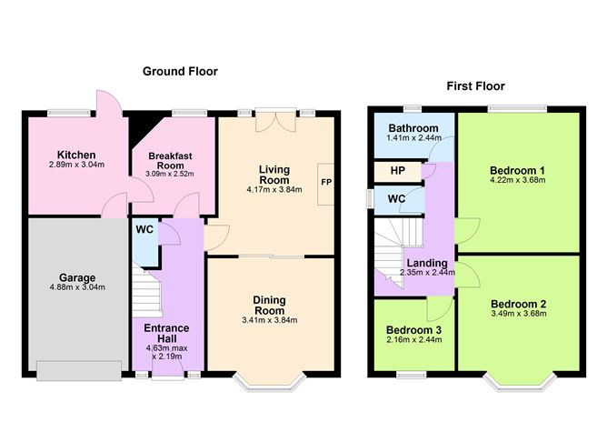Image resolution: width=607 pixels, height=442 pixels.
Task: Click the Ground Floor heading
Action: (x=180, y=71)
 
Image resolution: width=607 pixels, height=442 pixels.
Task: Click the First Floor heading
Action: (x=475, y=86)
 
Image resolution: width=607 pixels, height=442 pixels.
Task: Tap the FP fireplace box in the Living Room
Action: (x=326, y=185)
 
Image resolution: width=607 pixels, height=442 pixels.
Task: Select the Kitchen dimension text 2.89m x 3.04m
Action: (x=76, y=165)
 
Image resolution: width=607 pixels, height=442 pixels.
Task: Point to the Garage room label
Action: (x=77, y=277)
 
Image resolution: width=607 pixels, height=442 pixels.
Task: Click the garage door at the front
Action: (x=79, y=371)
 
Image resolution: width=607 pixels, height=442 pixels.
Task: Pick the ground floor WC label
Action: (x=144, y=229)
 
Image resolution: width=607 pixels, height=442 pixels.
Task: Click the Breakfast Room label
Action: (x=170, y=160)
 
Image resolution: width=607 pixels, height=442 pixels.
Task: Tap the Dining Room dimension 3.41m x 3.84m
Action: (x=270, y=320)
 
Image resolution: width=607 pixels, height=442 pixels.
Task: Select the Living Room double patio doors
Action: (x=276, y=120)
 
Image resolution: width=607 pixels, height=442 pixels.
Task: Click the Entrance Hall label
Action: (x=166, y=333)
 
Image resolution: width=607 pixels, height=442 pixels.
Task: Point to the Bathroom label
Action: (x=413, y=128)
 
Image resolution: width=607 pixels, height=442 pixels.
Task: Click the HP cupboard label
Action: (x=398, y=171)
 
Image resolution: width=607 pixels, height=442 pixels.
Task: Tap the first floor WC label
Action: (x=397, y=199)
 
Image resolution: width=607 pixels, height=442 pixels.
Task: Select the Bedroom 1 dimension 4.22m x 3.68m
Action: (x=518, y=180)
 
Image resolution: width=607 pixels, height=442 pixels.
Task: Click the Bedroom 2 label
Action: (x=518, y=304)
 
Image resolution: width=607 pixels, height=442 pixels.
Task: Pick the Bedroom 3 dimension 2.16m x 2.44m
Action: (x=413, y=340)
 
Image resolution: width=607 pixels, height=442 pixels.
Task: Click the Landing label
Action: (x=427, y=263)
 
